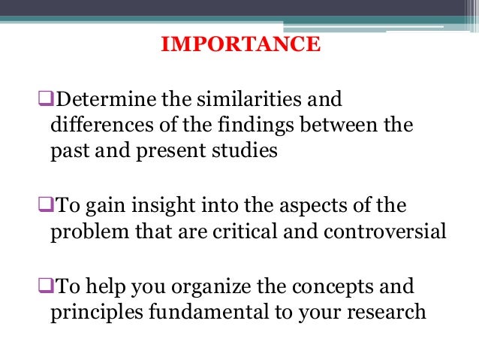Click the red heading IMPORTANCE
tap(241, 46)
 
